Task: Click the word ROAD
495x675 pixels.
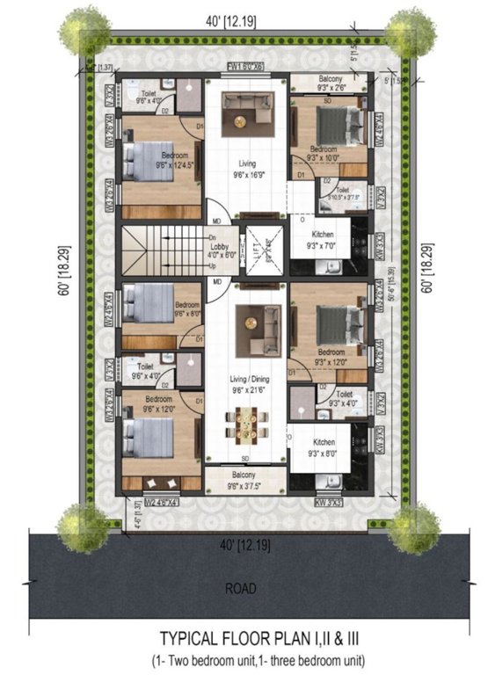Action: pyautogui.click(x=246, y=588)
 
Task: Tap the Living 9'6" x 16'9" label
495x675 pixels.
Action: pyautogui.click(x=246, y=169)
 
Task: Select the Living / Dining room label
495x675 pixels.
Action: pyautogui.click(x=246, y=384)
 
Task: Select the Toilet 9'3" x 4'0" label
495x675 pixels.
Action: pyautogui.click(x=344, y=400)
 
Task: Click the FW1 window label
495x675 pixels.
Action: pyautogui.click(x=246, y=67)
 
